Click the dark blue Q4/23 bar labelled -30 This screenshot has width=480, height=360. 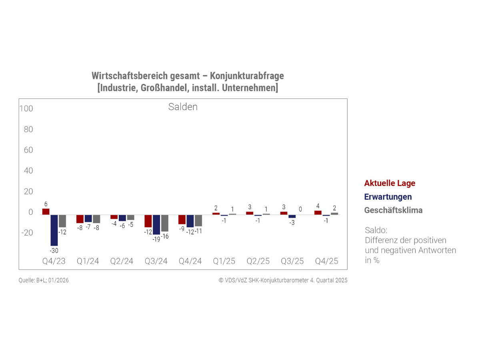54,230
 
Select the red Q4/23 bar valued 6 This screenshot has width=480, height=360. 46,212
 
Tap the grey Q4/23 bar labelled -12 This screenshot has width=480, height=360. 62,221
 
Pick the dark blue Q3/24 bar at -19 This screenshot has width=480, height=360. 156,224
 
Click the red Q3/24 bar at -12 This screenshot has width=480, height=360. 148,221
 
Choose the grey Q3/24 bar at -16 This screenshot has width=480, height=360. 164,223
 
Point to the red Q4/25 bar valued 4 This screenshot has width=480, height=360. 318,212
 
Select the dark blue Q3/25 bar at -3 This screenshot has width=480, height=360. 292,216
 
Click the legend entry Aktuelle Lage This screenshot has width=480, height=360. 390,183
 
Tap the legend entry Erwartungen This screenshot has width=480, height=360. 388,197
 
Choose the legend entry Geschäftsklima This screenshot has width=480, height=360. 393,210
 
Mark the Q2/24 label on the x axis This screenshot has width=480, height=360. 122,261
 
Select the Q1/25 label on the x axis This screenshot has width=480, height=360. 224,261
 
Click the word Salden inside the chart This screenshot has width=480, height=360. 183,107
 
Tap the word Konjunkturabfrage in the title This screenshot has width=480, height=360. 247,76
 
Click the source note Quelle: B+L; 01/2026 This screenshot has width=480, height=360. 44,280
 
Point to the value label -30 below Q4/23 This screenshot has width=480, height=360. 54,250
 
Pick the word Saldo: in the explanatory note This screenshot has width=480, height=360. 376,230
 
